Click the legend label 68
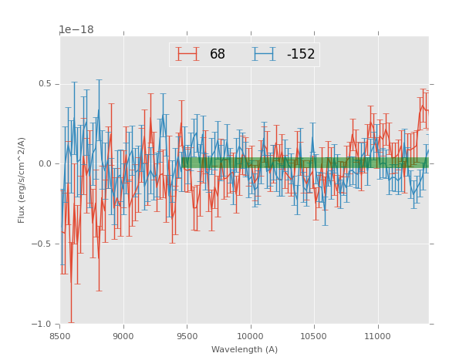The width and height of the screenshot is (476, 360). [x=218, y=55]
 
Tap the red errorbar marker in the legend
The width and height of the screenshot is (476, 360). [x=187, y=54]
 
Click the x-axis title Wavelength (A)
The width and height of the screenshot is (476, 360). [x=245, y=350]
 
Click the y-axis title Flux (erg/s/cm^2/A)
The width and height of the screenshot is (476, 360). [x=22, y=180]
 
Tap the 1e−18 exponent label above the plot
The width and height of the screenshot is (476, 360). [x=76, y=30]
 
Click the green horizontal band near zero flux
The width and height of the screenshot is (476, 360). [x=309, y=163]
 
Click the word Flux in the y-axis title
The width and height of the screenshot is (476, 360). [x=22, y=215]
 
